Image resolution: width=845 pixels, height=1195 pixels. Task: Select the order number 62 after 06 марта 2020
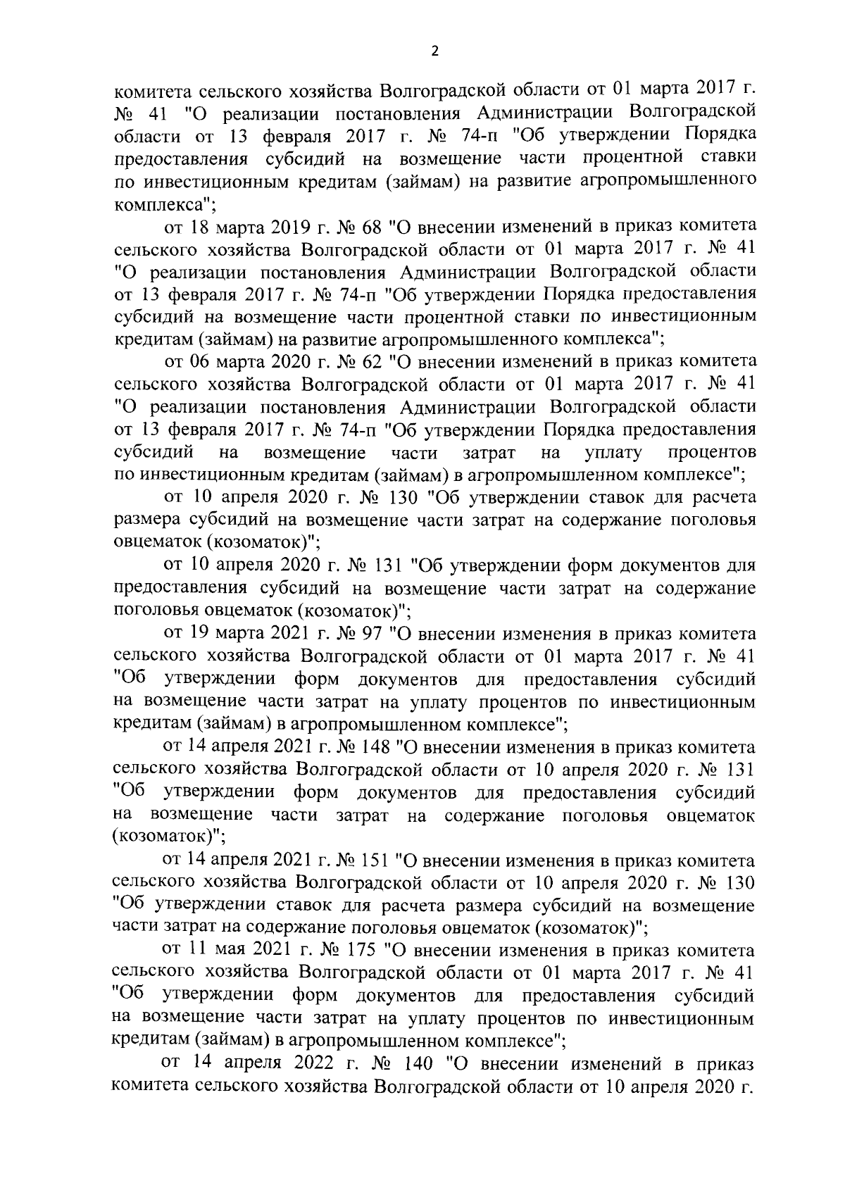coord(369,362)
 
